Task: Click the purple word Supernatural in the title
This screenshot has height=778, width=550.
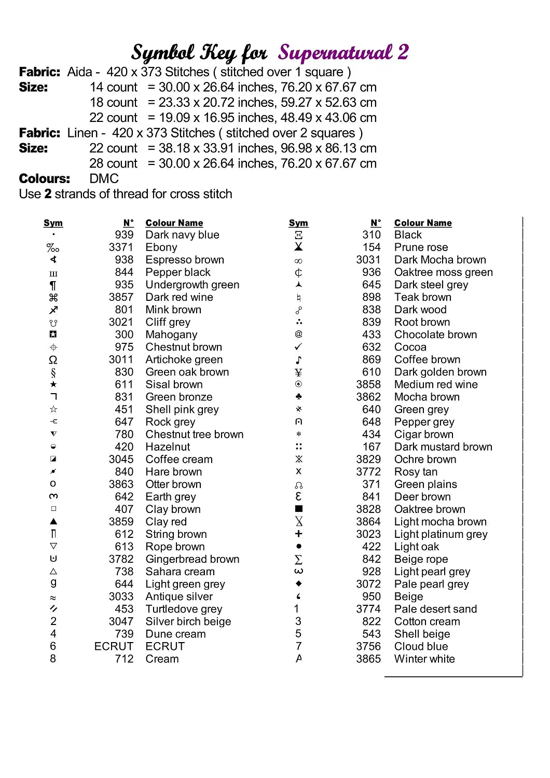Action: pos(335,53)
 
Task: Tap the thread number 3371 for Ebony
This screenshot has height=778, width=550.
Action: pos(121,247)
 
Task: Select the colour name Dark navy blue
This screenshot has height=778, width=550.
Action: pos(182,235)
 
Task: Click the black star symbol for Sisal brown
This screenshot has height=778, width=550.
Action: pos(53,384)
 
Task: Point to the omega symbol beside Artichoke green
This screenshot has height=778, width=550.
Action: pos(53,359)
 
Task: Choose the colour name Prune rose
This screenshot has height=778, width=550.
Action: pos(421,247)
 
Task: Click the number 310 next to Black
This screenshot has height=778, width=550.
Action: pos(372,235)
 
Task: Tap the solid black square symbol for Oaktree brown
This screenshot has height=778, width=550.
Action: pos(298,509)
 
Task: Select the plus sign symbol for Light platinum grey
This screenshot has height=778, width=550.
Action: pos(298,534)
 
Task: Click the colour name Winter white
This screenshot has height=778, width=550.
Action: pos(424,659)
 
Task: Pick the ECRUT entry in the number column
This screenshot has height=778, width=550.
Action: pos(114,646)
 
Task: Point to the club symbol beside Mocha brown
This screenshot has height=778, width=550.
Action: pos(298,397)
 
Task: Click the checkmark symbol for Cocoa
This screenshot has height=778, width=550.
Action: pos(298,347)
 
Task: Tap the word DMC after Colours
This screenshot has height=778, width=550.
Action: pos(104,179)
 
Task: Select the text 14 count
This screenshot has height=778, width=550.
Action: pos(114,87)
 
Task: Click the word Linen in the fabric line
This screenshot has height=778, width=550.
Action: pos(82,133)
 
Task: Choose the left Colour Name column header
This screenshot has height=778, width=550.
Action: pos(174,223)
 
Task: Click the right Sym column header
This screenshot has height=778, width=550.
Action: pos(298,223)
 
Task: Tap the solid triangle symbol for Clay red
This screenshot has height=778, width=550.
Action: pos(53,521)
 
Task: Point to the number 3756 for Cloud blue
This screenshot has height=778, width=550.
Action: pos(368,646)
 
